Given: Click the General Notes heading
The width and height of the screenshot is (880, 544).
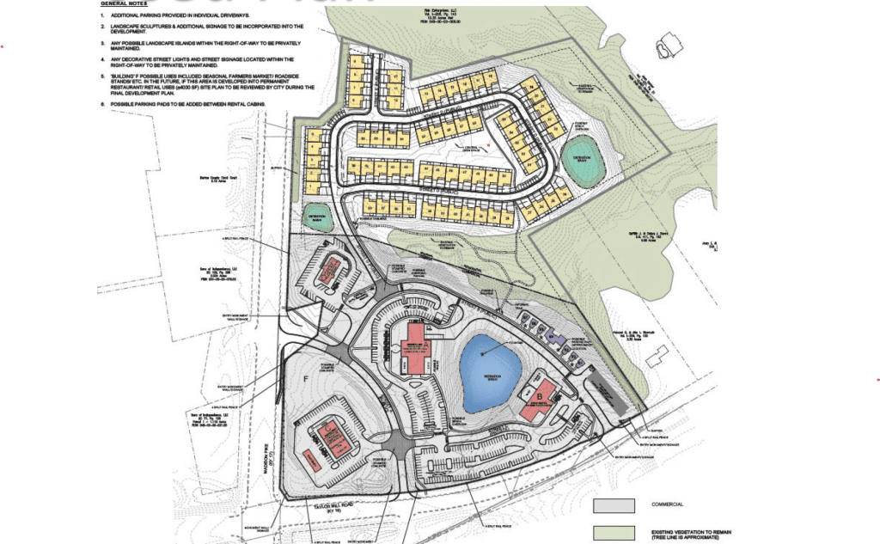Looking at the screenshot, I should point(124,3).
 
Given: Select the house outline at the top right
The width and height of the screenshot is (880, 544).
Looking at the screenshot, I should point(666,47).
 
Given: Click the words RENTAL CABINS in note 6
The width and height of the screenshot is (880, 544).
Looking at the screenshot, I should point(245,104).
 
